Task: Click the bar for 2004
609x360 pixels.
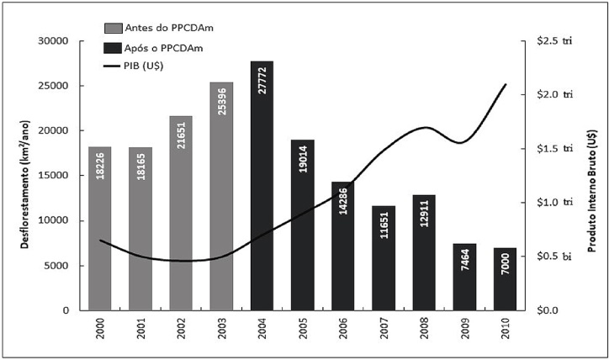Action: pos(262,185)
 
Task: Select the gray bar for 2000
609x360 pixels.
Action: pos(99,228)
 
